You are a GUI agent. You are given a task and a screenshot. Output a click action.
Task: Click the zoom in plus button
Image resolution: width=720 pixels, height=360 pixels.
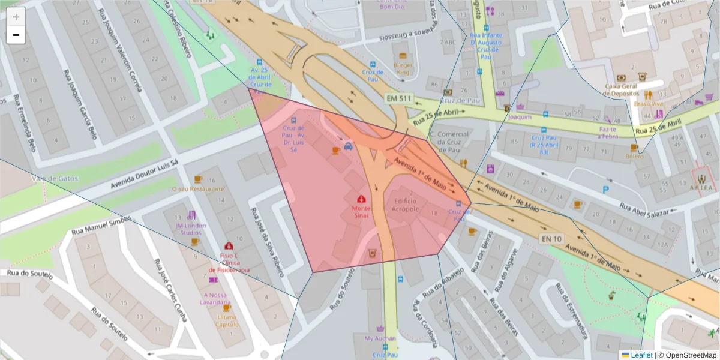tap(16, 16)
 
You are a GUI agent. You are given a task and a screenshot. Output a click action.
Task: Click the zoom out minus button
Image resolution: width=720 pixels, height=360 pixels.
tap(16, 35)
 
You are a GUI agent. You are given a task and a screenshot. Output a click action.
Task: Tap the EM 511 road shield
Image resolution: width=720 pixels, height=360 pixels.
tap(399, 98)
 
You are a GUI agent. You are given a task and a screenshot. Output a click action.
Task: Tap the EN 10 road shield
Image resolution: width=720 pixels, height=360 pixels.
tap(552, 239)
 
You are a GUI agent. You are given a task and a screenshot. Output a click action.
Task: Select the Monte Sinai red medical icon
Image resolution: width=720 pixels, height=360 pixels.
tap(362, 199)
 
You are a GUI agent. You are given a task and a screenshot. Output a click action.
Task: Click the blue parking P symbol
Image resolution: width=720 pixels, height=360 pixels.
tap(605, 190)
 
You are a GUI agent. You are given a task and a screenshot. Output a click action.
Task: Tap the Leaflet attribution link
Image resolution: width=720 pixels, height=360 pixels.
tap(641, 355)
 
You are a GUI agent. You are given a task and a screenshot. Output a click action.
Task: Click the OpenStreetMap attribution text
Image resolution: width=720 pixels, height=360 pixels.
tap(689, 355)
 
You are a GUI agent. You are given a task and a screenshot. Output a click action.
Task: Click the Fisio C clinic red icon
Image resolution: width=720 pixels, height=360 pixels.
tap(229, 246)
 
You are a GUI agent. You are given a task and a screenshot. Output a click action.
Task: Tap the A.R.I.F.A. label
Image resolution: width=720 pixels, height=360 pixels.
tap(701, 187)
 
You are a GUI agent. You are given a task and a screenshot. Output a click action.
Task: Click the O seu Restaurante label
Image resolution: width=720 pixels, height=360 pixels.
tap(197, 188)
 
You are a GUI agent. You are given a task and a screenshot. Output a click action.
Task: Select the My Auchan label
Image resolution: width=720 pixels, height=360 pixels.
tap(380, 338)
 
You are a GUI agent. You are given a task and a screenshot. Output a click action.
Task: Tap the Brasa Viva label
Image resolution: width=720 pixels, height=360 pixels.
tap(647, 104)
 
